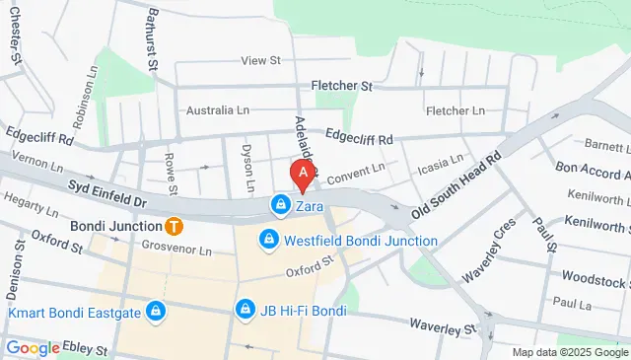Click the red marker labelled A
[303, 175]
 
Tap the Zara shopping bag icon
[281, 205]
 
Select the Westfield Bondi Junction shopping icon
[267, 240]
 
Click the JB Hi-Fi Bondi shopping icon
[244, 310]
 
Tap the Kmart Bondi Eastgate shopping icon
[154, 313]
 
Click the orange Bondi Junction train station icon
[174, 225]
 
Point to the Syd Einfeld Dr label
[106, 193]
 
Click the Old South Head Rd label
[457, 184]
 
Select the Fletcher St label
[341, 86]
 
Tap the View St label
[261, 60]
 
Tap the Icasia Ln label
[440, 161]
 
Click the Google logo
[33, 347]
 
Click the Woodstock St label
[597, 278]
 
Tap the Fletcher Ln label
[456, 110]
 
